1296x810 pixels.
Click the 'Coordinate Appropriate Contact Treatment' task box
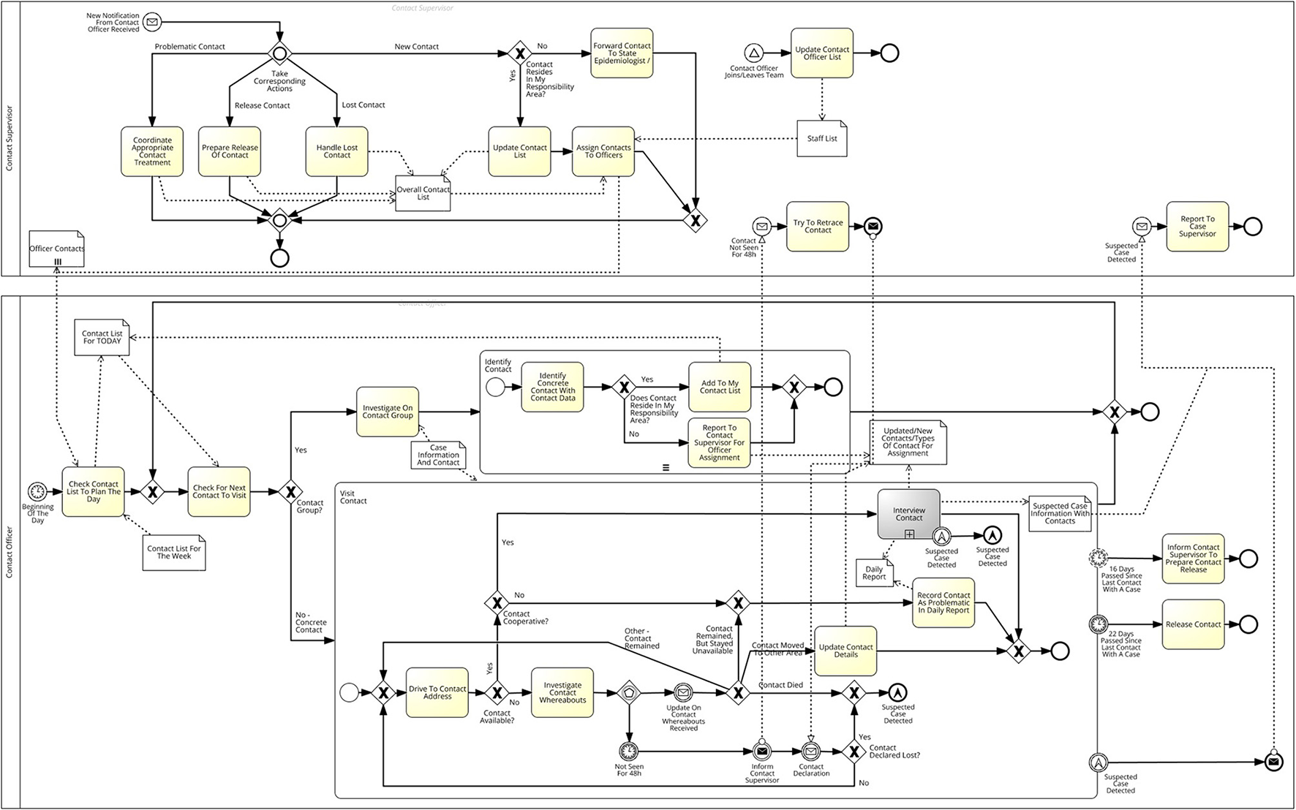tap(152, 151)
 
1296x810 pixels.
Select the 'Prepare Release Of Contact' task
tap(230, 151)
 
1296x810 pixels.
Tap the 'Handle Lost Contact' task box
tap(336, 151)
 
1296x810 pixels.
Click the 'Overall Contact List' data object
tap(423, 194)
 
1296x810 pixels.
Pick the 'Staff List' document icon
tap(822, 138)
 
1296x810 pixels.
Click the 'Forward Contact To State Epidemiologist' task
tap(622, 53)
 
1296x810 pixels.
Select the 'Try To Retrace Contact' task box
tap(818, 227)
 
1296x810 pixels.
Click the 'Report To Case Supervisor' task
tap(1197, 227)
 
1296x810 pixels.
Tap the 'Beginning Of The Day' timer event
tap(37, 492)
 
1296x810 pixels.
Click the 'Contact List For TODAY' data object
tap(102, 338)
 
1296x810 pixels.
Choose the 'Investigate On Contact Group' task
tap(388, 412)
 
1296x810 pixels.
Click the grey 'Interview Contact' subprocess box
tap(908, 514)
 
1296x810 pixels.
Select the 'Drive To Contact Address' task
tap(437, 692)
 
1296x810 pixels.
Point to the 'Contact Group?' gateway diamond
tap(290, 492)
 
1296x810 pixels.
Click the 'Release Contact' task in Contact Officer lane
tap(1193, 624)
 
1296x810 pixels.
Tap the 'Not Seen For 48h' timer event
tap(628, 751)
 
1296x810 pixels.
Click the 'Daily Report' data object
tap(875, 572)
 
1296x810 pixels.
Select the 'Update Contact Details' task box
tap(845, 651)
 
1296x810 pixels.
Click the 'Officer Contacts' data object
tap(57, 249)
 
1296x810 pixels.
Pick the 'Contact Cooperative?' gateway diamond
tap(497, 603)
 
